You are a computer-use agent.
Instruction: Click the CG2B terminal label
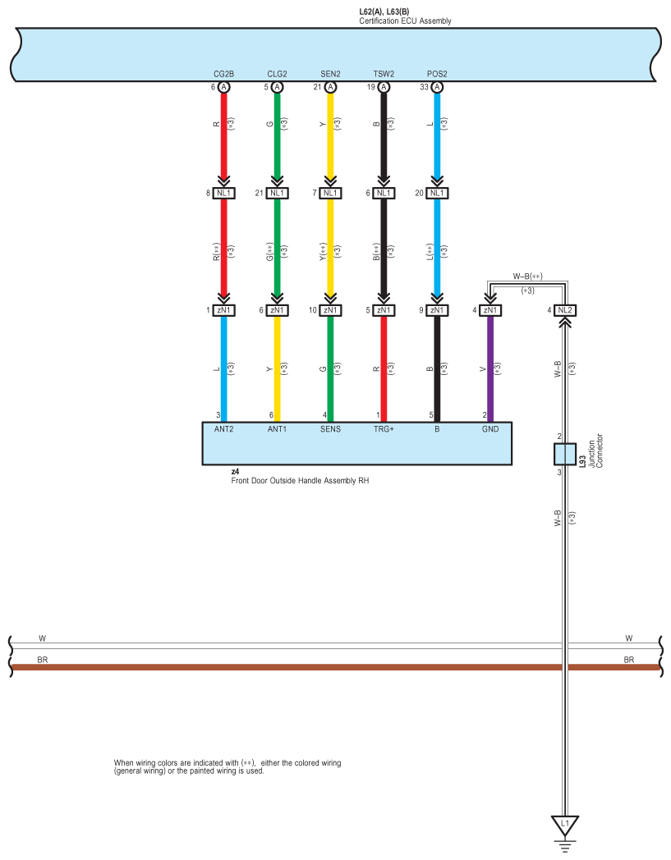point(223,75)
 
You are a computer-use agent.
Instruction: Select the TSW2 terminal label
point(384,75)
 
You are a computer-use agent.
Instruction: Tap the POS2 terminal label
point(437,75)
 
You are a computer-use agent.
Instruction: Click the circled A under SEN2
point(330,87)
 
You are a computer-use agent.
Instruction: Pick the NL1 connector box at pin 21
point(277,194)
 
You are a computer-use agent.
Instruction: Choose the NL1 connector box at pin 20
point(437,194)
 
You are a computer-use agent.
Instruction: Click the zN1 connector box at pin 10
point(330,310)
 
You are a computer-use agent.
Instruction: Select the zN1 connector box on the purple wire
point(490,310)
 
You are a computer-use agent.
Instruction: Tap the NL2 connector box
point(564,310)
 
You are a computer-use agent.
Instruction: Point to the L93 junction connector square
point(564,454)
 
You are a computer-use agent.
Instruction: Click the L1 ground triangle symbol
point(564,823)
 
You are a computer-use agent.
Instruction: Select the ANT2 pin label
point(223,428)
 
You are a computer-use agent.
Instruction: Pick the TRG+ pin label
point(384,428)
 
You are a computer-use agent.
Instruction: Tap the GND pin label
point(490,428)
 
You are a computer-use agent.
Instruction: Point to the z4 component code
point(235,472)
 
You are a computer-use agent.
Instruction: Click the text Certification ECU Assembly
point(405,21)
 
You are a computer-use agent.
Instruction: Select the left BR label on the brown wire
point(43,659)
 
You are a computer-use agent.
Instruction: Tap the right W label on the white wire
point(629,638)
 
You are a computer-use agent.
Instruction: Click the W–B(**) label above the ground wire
point(528,277)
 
